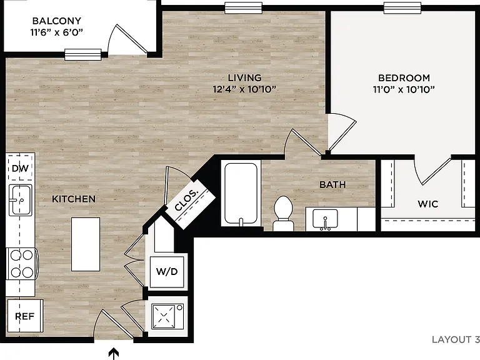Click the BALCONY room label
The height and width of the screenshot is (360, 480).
[57, 21]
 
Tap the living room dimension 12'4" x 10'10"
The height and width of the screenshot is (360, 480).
[244, 89]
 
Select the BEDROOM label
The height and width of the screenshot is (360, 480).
[404, 78]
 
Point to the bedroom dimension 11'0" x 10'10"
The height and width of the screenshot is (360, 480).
[404, 89]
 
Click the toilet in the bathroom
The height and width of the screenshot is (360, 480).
[283, 213]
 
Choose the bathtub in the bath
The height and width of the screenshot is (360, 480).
[241, 194]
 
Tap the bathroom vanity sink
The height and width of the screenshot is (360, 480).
[325, 219]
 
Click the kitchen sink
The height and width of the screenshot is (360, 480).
[20, 199]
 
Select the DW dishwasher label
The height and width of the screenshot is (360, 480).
[20, 168]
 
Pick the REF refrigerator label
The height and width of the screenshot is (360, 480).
[25, 316]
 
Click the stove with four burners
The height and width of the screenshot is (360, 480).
[22, 264]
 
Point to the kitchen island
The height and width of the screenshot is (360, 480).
[86, 244]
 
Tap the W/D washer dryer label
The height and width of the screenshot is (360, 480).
[167, 271]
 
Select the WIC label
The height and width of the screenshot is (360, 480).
[427, 204]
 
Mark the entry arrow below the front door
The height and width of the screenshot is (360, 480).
[114, 354]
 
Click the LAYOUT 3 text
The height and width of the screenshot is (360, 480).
[456, 339]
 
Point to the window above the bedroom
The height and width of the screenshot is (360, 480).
[402, 8]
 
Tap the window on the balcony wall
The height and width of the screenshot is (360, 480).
[83, 54]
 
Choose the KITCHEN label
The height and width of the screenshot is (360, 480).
[74, 199]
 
